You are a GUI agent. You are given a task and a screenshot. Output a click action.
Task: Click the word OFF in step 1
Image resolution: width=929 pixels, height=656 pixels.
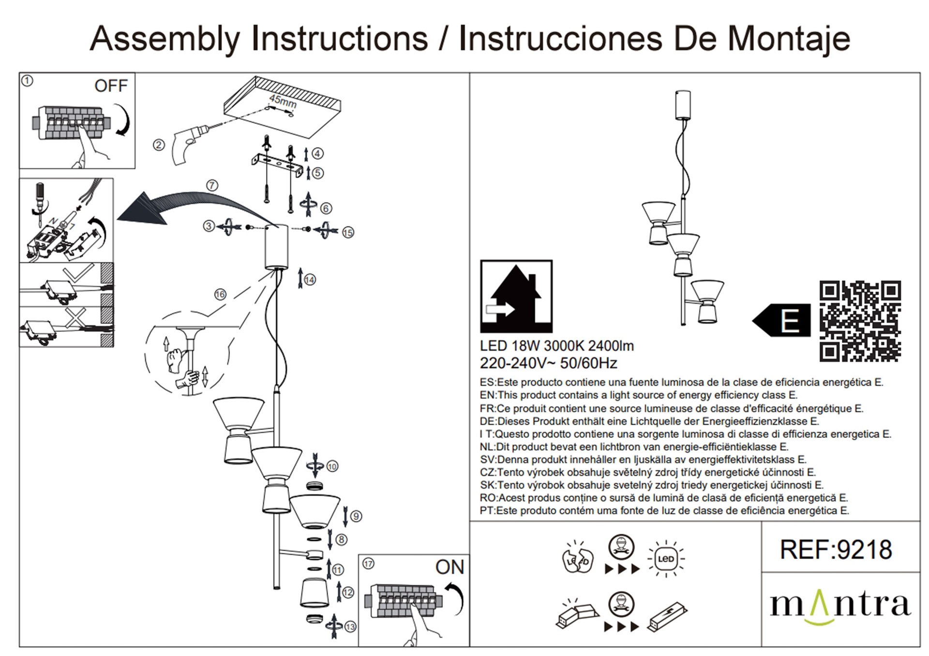[x=111, y=86]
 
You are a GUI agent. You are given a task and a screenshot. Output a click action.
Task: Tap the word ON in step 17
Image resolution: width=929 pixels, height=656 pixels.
[x=450, y=567]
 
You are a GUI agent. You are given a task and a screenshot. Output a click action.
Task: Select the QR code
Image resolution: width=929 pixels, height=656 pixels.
[x=860, y=321]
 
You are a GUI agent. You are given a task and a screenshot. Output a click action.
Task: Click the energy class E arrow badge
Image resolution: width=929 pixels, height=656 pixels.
[x=781, y=320]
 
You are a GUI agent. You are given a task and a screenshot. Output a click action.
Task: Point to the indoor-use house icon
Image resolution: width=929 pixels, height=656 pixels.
[x=516, y=296]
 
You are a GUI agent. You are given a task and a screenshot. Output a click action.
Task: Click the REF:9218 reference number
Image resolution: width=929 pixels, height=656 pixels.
[x=836, y=550]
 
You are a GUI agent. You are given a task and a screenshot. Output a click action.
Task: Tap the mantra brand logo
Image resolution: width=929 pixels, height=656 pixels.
[x=840, y=605]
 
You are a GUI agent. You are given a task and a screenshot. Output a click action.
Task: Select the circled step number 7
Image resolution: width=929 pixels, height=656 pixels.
[x=212, y=185]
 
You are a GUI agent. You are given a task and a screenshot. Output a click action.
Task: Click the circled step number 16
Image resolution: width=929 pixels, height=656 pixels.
[x=220, y=294]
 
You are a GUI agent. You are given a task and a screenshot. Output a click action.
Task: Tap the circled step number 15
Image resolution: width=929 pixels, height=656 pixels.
[x=348, y=232]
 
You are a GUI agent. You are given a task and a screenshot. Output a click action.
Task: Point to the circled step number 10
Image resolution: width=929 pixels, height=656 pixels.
[x=332, y=466]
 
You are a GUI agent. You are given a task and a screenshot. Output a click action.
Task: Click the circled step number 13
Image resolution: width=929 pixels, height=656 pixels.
[x=350, y=627]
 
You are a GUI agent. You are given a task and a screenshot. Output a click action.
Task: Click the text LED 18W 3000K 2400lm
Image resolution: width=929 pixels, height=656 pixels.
[x=556, y=346]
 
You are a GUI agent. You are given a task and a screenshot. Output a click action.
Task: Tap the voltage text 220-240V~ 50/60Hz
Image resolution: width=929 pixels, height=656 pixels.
[x=548, y=363]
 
